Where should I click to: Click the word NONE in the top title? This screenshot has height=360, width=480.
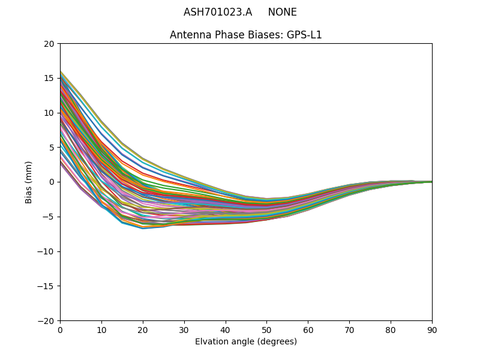282,13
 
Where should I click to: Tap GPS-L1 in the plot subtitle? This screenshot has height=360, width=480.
304,35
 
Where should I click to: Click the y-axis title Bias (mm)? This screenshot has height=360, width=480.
29,182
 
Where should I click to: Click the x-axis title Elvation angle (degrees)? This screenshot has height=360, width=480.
246,342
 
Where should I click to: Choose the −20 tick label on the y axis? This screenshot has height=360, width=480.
46,320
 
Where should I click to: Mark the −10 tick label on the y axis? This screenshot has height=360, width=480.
46,251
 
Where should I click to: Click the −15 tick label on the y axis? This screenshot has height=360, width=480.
46,286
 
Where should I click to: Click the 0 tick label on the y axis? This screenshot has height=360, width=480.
52,182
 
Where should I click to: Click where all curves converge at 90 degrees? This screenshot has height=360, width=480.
431,182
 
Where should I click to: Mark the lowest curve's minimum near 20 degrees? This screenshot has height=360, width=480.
143,229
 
